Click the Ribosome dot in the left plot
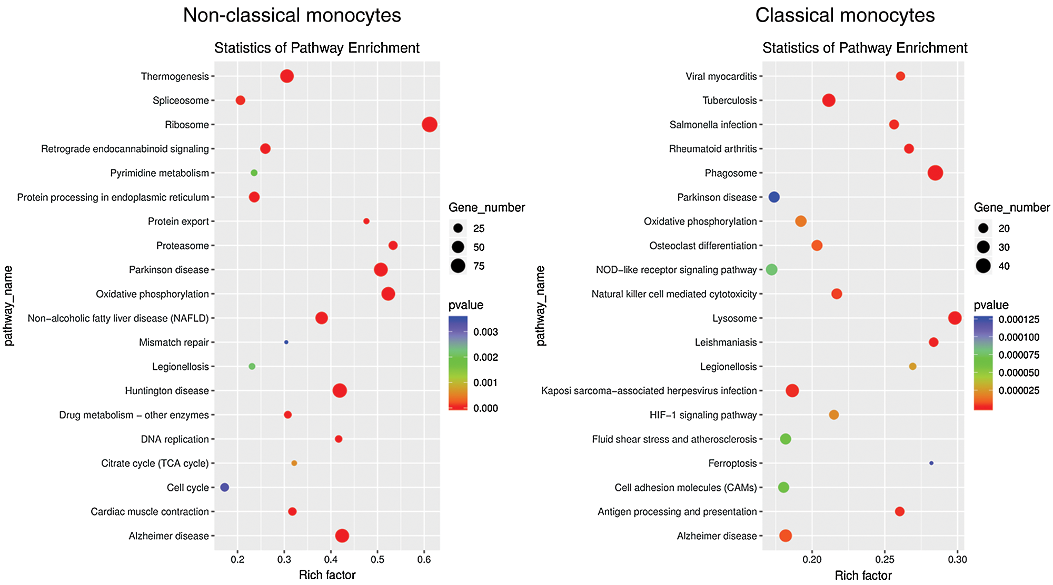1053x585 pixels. coord(429,125)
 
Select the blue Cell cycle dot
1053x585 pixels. coord(224,487)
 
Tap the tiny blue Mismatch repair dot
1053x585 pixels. coord(286,342)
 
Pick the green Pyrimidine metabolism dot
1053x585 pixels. coord(254,173)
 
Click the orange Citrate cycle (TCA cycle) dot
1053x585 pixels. coord(294,463)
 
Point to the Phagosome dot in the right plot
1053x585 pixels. coord(935,173)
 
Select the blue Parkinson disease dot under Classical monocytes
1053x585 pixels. coord(774,197)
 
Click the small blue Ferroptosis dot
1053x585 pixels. coord(931,463)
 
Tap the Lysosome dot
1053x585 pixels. coord(955,318)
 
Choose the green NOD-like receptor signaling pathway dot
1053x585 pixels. coord(771,269)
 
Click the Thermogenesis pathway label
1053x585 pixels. coord(175,76)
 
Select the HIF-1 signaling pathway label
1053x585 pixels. coord(703,415)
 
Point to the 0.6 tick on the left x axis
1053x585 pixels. coord(424,559)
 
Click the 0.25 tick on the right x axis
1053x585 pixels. coord(885,559)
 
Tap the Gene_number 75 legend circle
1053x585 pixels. coord(458,266)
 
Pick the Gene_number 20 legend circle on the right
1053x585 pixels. coord(983,228)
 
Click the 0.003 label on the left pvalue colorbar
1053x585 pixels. coord(485,332)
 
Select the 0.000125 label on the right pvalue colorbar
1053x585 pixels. coord(1019,319)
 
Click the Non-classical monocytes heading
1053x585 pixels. coord(292,15)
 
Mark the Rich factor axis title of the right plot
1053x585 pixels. coord(863,575)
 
